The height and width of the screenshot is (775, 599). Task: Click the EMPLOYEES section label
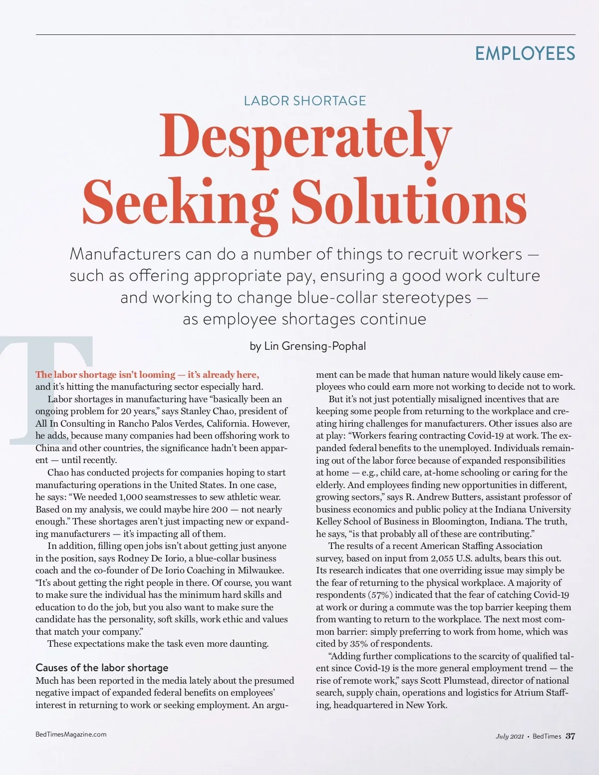pyautogui.click(x=525, y=53)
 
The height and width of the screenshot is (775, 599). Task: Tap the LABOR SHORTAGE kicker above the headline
pyautogui.click(x=304, y=101)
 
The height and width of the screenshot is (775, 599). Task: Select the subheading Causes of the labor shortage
pyautogui.click(x=102, y=668)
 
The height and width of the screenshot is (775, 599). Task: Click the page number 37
pyautogui.click(x=570, y=736)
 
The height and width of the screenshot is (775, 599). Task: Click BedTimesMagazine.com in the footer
pyautogui.click(x=71, y=734)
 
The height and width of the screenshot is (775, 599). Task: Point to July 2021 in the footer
pyautogui.click(x=509, y=737)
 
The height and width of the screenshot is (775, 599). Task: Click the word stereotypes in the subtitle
pyautogui.click(x=426, y=297)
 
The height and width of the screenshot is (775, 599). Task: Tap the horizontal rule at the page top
pyautogui.click(x=305, y=35)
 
